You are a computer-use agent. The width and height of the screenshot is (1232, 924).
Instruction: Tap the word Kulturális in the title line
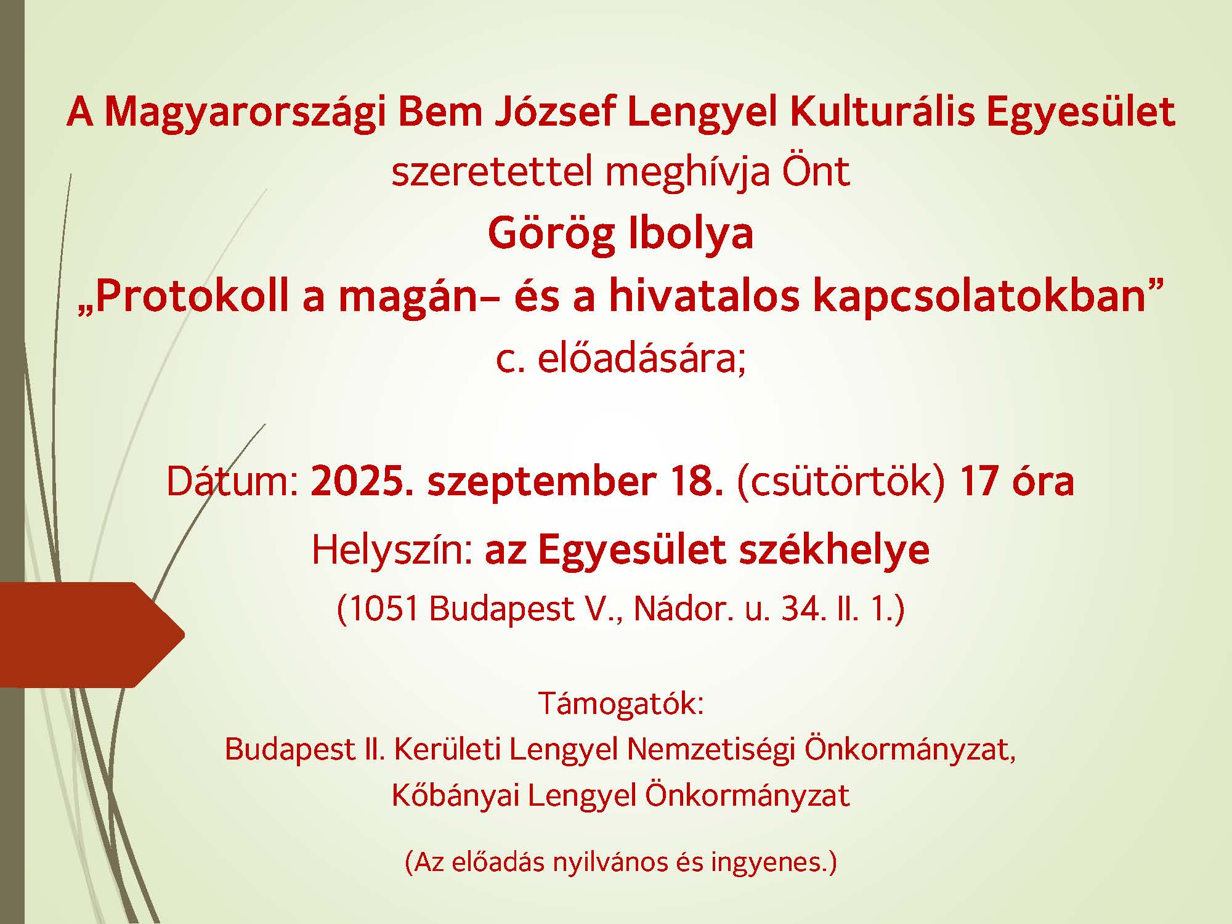pyautogui.click(x=882, y=112)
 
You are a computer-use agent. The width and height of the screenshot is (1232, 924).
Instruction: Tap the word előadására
pyautogui.click(x=641, y=359)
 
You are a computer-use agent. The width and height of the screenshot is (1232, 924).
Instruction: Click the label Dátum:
pyautogui.click(x=233, y=482)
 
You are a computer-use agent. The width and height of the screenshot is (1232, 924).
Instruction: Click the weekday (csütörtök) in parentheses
pyautogui.click(x=841, y=483)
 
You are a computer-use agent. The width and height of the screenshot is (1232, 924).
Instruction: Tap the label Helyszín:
pyautogui.click(x=392, y=550)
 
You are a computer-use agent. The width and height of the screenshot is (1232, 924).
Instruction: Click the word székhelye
pyautogui.click(x=834, y=550)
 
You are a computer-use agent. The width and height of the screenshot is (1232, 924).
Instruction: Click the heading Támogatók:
pyautogui.click(x=621, y=703)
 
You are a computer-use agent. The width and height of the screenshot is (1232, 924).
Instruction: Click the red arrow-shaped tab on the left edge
pyautogui.click(x=86, y=634)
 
